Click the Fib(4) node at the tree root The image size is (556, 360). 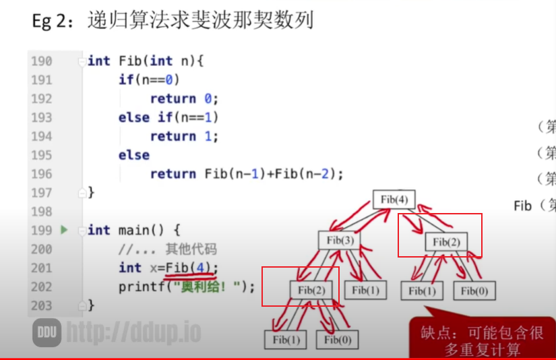point(394,200)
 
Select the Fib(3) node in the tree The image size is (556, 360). point(340,240)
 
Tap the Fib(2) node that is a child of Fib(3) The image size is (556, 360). point(311,290)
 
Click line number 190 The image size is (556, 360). point(41,61)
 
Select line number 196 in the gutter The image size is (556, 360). point(41,174)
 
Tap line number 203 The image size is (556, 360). point(41,305)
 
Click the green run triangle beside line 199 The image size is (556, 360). point(65,230)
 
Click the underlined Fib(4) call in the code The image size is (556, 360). point(191,268)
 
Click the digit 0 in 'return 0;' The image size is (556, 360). point(208,98)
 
